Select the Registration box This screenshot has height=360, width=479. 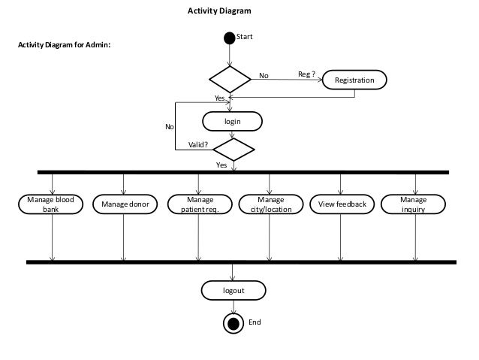click(x=355, y=79)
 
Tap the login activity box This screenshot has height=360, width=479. click(x=233, y=120)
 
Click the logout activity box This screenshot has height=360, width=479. click(x=233, y=289)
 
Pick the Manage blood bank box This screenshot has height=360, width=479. click(x=51, y=204)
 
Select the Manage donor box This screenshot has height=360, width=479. click(x=123, y=204)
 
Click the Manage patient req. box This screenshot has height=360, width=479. click(x=198, y=204)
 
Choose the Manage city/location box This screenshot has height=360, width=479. click(x=270, y=204)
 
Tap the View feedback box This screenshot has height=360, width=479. click(x=342, y=204)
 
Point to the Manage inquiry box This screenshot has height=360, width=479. click(x=413, y=204)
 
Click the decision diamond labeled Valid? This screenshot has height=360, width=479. click(x=233, y=149)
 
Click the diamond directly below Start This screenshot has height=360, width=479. click(x=230, y=78)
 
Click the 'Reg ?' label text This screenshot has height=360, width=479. click(x=306, y=74)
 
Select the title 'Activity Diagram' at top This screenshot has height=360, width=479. click(x=219, y=11)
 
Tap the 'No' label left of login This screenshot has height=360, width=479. click(x=169, y=127)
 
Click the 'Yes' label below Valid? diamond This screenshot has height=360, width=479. click(x=221, y=165)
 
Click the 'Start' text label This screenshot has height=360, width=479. click(x=245, y=35)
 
